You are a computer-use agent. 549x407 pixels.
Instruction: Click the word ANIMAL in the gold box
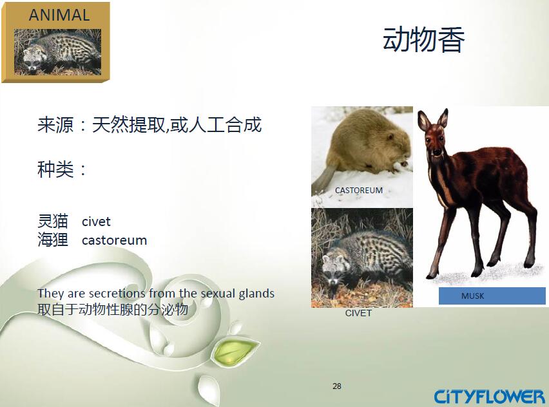(59, 15)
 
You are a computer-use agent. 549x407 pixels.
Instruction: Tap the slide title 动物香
(423, 39)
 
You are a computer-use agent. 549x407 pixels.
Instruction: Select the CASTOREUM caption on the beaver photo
(358, 191)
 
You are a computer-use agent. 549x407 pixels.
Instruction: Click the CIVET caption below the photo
(358, 313)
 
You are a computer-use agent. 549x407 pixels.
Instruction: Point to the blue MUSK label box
(492, 296)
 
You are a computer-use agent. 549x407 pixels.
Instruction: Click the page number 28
(337, 386)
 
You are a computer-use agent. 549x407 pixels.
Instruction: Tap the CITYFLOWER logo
(490, 397)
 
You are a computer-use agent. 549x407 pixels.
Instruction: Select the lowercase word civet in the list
(96, 222)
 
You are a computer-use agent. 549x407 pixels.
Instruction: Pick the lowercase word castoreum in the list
(114, 240)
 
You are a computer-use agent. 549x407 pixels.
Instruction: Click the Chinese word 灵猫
(53, 221)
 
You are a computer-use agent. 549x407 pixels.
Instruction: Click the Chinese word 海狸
(53, 240)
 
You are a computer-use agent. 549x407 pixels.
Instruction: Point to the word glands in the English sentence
(256, 294)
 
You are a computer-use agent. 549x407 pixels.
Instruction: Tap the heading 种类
(56, 169)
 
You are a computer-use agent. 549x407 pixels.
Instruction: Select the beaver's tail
(323, 179)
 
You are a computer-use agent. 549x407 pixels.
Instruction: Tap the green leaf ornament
(234, 351)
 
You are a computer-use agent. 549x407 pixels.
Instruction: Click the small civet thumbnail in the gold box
(57, 52)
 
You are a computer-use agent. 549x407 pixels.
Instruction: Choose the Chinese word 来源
(56, 124)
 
